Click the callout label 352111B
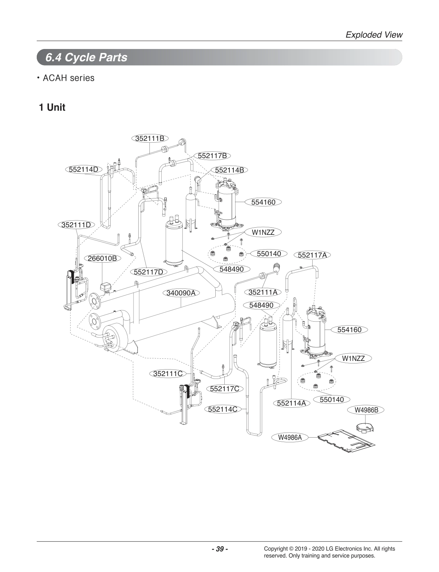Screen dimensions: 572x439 point(150,138)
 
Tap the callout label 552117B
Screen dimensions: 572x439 point(212,156)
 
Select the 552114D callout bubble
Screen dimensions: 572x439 point(84,169)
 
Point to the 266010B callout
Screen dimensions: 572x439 point(102,258)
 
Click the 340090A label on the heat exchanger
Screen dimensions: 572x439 point(181,293)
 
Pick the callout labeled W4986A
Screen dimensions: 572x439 point(290,437)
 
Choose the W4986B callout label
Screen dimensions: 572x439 point(366,410)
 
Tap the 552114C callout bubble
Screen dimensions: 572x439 point(223,409)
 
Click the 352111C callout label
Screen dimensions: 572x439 point(168,374)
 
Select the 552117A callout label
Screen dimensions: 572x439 point(312,255)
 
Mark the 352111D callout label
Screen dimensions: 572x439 point(76,225)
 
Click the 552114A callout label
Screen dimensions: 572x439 point(291,403)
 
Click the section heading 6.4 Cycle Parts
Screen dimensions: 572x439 point(86,57)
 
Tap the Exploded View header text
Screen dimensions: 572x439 point(374,35)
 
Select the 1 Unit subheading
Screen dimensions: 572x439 point(52,107)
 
